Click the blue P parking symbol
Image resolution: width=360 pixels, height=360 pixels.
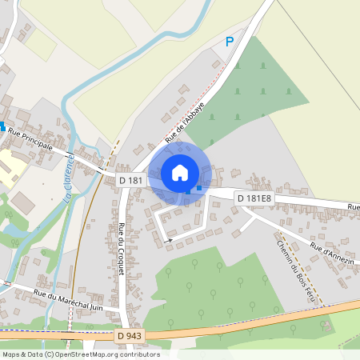(230, 42)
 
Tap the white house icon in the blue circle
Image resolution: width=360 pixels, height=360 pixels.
(180, 172)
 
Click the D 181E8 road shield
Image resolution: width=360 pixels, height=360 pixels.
(255, 198)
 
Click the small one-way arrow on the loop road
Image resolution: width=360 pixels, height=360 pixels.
(168, 238)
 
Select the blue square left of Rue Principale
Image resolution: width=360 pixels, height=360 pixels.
(2, 126)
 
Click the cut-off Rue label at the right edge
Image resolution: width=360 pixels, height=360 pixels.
(353, 206)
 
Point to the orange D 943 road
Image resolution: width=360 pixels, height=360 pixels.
(240, 318)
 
